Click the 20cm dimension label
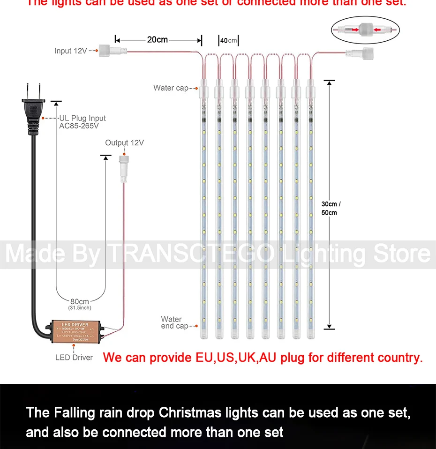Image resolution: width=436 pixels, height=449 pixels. [157, 39]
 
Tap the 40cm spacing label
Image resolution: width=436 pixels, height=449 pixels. [229, 41]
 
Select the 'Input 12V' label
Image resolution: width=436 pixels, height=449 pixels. [70, 51]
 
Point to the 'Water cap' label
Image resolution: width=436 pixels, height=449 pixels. [170, 88]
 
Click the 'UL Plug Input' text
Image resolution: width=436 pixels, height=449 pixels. [83, 119]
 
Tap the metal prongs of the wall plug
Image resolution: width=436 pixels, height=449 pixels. [32, 90]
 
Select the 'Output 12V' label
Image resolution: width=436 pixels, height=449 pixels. [124, 142]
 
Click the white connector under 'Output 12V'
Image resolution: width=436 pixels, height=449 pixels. [124, 168]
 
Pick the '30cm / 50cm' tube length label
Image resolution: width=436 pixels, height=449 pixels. [331, 208]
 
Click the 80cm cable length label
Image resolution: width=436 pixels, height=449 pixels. [79, 301]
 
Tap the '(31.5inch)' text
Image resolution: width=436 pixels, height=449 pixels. [79, 308]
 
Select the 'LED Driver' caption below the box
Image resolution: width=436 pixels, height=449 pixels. [74, 358]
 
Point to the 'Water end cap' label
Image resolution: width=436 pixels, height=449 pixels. [173, 322]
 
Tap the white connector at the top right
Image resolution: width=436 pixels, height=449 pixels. [354, 54]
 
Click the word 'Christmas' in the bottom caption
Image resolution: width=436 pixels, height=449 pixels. [190, 412]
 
